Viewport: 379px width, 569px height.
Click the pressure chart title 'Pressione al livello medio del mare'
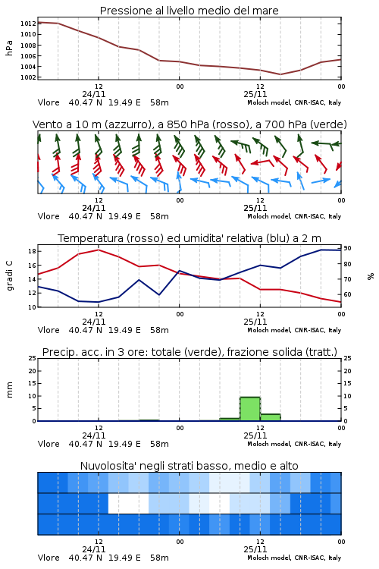point(189,11)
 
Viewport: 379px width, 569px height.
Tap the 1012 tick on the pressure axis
point(28,24)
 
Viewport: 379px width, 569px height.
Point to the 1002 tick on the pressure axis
point(28,77)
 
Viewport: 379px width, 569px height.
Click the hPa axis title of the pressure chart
point(9,48)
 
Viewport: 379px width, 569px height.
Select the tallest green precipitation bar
point(250,409)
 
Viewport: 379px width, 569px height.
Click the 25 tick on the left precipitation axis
point(33,358)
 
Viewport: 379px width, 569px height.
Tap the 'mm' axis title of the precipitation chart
point(9,389)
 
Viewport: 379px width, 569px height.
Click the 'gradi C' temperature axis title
point(9,275)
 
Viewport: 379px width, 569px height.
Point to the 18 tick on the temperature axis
point(32,251)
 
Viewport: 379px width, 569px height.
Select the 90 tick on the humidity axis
point(347,248)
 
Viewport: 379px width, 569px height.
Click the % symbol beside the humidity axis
point(371,276)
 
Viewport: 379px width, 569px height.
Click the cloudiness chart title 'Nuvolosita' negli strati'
point(146,466)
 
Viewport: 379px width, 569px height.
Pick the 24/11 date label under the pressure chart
point(94,94)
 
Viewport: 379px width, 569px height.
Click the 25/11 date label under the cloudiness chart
point(255,549)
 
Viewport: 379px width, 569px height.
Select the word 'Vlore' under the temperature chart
point(49,330)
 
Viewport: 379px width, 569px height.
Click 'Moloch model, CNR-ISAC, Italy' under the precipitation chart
point(294,444)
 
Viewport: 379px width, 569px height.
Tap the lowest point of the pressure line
point(280,74)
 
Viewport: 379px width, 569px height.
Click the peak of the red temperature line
point(99,250)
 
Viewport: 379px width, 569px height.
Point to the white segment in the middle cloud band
point(128,503)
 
